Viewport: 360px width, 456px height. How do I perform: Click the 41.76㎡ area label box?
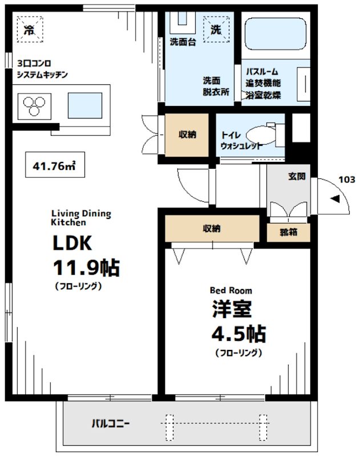[55, 165]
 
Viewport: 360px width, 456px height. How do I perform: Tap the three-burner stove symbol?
[34, 106]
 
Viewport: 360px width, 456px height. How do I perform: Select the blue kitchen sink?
[85, 105]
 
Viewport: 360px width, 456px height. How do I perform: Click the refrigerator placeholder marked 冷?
[30, 30]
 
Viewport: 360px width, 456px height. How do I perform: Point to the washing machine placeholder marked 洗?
[216, 30]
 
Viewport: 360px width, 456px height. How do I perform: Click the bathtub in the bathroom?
[276, 34]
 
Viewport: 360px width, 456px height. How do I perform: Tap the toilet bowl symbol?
[261, 135]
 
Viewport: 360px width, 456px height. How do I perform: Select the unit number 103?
[347, 180]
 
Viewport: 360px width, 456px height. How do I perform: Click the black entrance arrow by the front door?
[335, 199]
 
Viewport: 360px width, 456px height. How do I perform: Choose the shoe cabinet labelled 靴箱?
[289, 233]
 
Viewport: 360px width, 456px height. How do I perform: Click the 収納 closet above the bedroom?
[212, 229]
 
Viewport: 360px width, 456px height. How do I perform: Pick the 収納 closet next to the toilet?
[187, 135]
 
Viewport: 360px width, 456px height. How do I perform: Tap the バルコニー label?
[110, 423]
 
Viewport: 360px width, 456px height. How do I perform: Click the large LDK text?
[72, 243]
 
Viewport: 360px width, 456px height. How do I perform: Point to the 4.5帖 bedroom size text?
[238, 334]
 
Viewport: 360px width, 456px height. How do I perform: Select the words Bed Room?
[231, 290]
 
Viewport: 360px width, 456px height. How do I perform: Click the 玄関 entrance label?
[297, 176]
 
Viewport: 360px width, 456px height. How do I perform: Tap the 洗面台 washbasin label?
[183, 42]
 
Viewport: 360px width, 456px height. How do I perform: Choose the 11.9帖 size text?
[86, 267]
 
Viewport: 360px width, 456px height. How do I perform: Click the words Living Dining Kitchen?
[81, 218]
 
